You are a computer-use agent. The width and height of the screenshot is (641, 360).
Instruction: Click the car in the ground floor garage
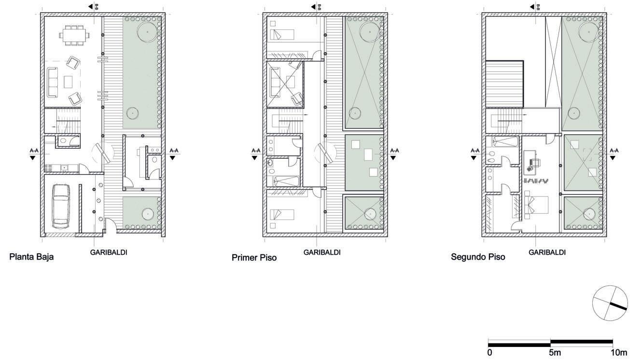(61, 207)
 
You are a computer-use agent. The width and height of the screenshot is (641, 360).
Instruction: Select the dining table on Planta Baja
(74, 35)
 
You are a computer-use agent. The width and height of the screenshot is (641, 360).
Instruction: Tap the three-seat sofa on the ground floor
(53, 82)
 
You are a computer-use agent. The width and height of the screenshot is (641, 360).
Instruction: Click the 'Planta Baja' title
(31, 257)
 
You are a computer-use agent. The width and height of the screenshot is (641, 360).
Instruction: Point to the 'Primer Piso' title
(254, 258)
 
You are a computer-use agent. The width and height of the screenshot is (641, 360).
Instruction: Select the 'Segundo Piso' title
(478, 257)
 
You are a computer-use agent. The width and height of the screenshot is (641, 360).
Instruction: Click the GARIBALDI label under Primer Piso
(322, 252)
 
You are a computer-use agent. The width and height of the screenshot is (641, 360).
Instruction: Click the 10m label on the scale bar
(619, 353)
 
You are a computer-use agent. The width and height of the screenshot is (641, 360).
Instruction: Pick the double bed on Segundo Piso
(536, 205)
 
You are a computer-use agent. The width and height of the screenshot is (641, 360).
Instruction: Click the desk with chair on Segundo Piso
(532, 162)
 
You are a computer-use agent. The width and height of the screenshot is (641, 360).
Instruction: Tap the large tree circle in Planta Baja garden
(147, 32)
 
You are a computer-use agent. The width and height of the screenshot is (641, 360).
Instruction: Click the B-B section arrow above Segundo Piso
(534, 6)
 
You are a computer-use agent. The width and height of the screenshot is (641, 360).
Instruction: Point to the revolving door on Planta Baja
(103, 153)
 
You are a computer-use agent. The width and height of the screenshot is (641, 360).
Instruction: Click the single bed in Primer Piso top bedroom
(282, 35)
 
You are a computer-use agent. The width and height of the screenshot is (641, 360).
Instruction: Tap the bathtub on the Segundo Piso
(505, 142)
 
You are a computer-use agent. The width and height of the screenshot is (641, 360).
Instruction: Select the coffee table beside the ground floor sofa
(68, 82)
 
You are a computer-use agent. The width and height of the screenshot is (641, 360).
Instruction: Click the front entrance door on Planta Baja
(111, 226)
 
